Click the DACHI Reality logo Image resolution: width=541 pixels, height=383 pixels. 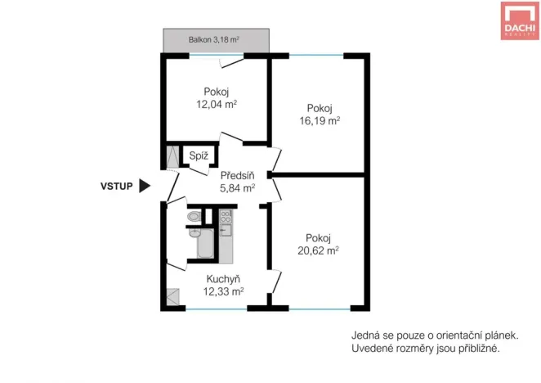pos(519,20)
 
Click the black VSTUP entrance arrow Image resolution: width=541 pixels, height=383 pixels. pos(145,186)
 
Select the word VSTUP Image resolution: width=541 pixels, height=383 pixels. pos(116,186)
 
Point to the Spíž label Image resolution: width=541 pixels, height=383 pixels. pos(199,155)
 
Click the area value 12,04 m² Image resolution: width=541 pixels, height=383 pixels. pos(217,104)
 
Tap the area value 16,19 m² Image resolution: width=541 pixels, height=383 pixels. pos(320,119)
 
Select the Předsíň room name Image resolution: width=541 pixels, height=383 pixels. pos(237,174)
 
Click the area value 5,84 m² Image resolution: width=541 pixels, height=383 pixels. pos(237,187)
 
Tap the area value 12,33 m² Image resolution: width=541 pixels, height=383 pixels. pos(223,291)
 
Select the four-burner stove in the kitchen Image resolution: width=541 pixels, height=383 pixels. pos(226,218)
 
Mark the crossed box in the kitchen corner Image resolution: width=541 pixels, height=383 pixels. pos(173,297)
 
